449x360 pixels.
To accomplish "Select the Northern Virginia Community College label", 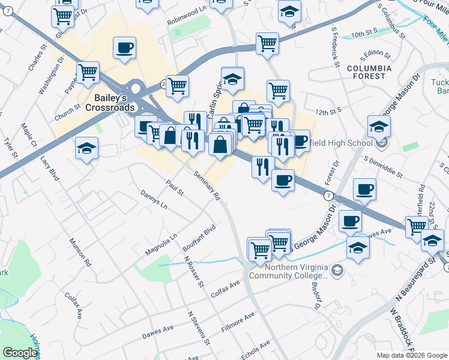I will click(x=294, y=271).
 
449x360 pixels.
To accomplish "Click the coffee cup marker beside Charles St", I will click(x=124, y=47).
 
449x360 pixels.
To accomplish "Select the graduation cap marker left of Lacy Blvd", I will click(x=86, y=148).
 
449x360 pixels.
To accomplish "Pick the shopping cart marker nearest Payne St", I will click(x=88, y=73).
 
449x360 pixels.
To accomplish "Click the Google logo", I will click(x=20, y=353).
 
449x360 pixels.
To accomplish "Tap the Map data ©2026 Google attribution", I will click(x=411, y=355).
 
